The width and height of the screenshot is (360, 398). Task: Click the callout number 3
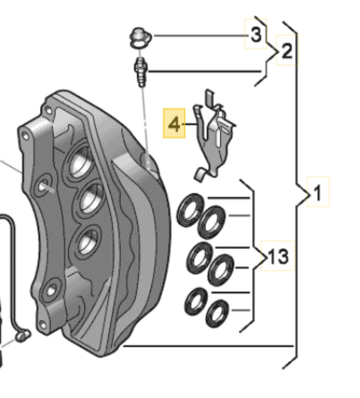pyautogui.click(x=255, y=34)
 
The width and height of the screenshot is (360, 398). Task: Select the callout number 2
pyautogui.click(x=287, y=51)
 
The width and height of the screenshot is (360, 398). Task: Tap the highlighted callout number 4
pyautogui.click(x=174, y=124)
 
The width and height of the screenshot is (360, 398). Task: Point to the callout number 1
pyautogui.click(x=317, y=192)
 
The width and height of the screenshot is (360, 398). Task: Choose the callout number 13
pyautogui.click(x=277, y=256)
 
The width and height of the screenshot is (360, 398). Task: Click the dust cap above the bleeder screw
pyautogui.click(x=140, y=38)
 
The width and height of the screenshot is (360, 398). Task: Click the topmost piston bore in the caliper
pyautogui.click(x=80, y=160)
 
